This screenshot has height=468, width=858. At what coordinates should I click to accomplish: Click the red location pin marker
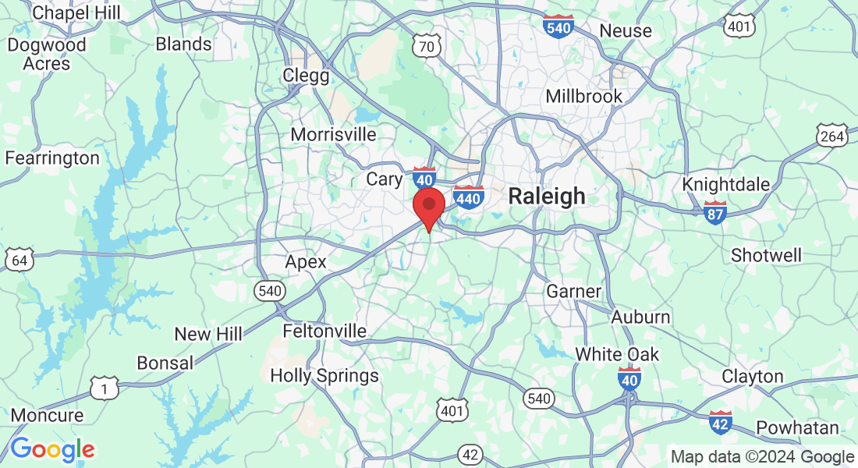tap(428, 206)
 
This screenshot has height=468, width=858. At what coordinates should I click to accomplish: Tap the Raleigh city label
tap(546, 196)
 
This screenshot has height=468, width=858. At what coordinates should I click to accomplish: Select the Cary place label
tap(385, 179)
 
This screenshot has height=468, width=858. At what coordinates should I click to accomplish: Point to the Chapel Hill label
tap(76, 12)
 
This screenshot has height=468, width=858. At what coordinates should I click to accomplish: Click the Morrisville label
tap(333, 134)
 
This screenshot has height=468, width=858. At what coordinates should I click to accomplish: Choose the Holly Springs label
tap(324, 375)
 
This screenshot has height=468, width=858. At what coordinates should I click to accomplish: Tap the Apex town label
tap(306, 261)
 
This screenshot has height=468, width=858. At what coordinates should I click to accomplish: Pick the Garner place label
tap(573, 292)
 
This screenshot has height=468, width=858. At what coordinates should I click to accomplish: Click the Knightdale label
tap(726, 185)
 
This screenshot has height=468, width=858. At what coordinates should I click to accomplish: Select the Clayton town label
tap(752, 376)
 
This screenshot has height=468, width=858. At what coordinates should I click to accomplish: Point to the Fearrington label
tap(52, 158)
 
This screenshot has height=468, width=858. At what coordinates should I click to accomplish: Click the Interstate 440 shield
tap(468, 197)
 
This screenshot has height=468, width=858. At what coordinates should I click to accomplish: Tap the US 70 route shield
tap(427, 47)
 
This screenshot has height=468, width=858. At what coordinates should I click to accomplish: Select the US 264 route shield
tap(832, 137)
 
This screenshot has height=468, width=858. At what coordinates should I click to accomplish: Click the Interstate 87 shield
tap(715, 212)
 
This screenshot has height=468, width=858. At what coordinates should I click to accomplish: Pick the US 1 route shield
tap(104, 388)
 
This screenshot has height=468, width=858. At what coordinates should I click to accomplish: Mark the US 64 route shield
tap(19, 260)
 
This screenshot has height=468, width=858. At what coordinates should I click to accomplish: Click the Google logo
tap(52, 449)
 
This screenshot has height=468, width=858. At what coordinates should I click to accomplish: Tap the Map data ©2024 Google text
tap(762, 457)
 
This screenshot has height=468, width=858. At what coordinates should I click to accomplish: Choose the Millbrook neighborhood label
tap(583, 97)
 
